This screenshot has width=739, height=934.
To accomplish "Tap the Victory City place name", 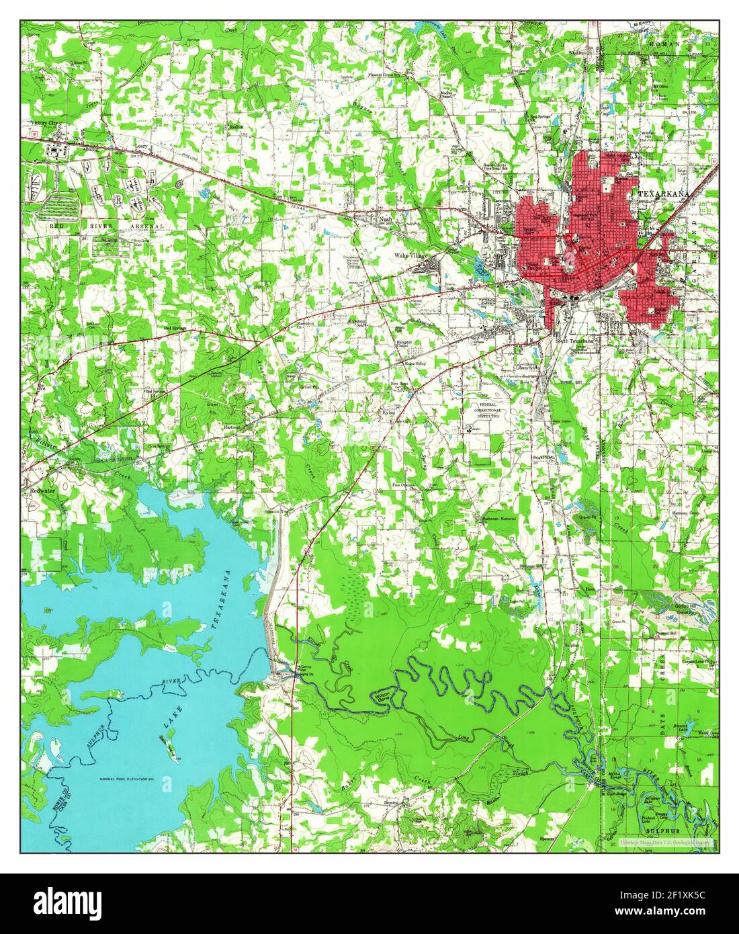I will (44, 124).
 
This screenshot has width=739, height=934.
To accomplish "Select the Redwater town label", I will (42, 491).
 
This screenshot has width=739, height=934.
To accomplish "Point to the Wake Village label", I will (410, 256).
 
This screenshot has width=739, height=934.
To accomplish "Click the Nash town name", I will (385, 219).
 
